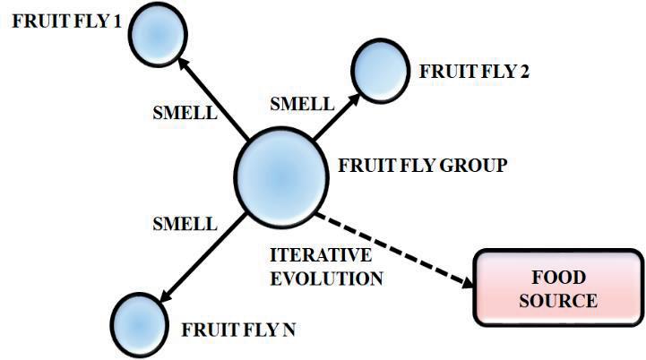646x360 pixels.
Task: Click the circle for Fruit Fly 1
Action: click(157, 33)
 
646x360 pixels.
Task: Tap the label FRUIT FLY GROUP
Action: click(422, 166)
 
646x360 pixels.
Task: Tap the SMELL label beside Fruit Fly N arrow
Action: click(185, 220)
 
